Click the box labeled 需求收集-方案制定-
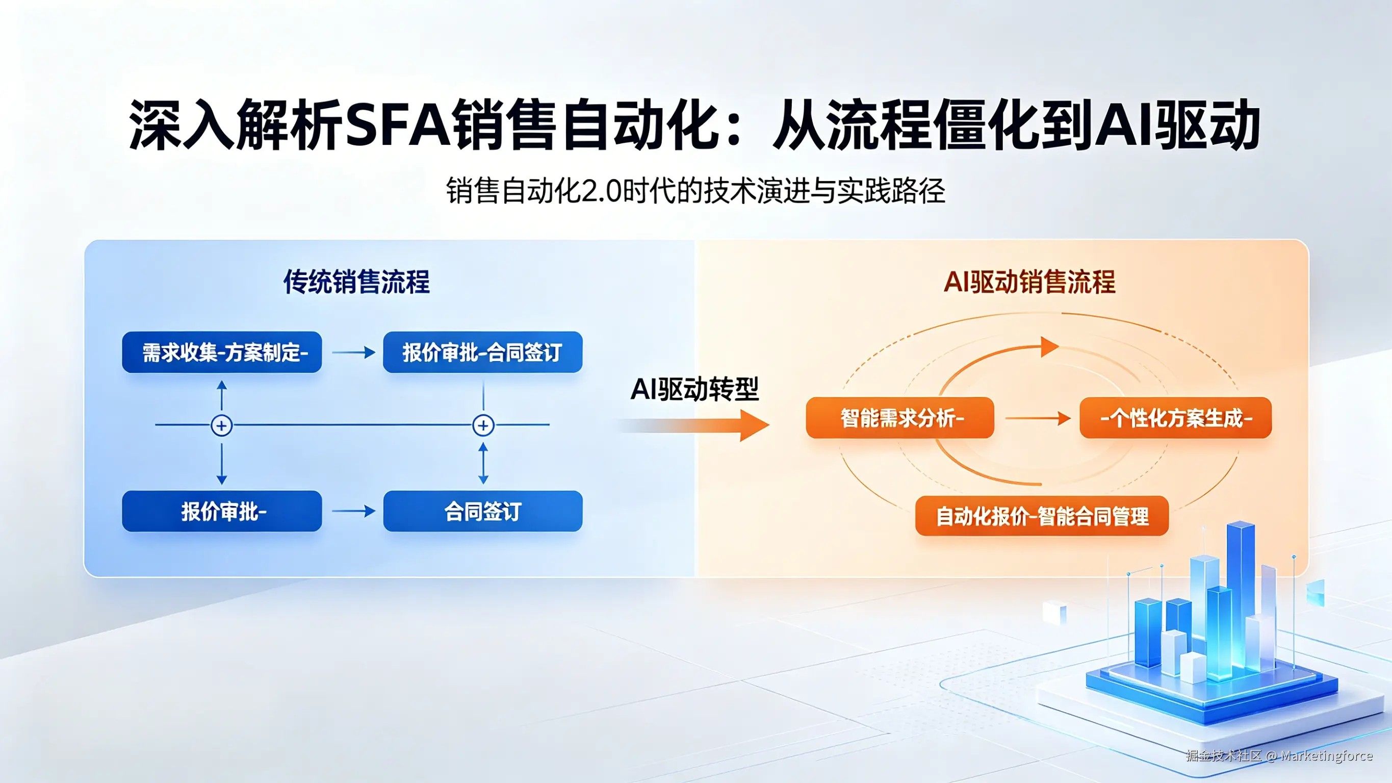click(222, 352)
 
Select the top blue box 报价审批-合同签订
click(482, 352)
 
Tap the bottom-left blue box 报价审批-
click(222, 511)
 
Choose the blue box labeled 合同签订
click(482, 511)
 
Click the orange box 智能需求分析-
click(900, 417)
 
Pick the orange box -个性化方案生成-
click(1175, 417)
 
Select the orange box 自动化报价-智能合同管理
click(1041, 516)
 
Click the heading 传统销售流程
click(356, 282)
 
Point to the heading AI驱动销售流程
click(1029, 282)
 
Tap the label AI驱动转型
click(694, 389)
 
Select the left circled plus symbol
click(222, 425)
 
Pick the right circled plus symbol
click(483, 425)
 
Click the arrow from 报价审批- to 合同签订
click(353, 511)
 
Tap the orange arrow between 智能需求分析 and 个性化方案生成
click(1038, 418)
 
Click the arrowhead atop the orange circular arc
click(1049, 347)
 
